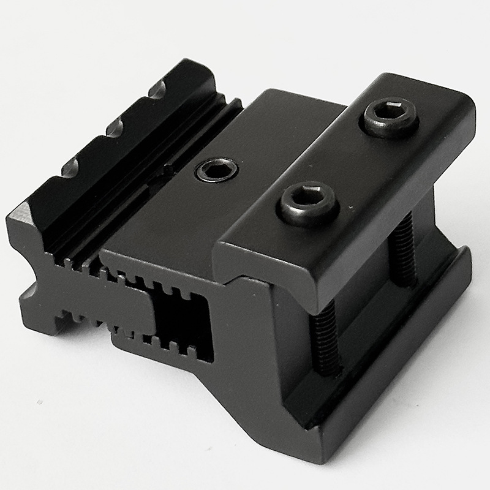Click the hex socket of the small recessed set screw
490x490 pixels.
tap(217, 170)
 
